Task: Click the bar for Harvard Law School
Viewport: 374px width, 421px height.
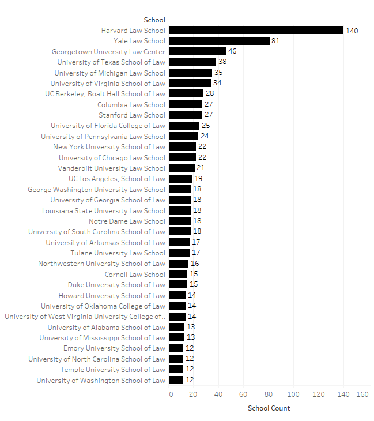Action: tap(256, 30)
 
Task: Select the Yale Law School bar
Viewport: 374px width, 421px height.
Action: tap(220, 41)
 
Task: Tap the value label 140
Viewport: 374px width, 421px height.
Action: tap(352, 31)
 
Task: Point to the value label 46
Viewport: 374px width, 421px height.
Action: tap(232, 51)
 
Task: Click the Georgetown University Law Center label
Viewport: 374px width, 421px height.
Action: tap(108, 51)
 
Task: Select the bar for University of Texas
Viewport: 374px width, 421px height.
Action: tap(192, 62)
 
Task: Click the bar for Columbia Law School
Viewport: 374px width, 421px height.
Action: tap(186, 104)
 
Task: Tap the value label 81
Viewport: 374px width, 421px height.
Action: tap(275, 41)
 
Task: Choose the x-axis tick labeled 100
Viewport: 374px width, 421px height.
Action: tap(293, 394)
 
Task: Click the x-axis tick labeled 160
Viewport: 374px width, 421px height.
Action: tap(362, 394)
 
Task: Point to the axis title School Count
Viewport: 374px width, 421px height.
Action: tap(269, 408)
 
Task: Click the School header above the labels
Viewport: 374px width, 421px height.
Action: tap(154, 20)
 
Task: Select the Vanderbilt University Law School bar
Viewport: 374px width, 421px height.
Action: tap(182, 168)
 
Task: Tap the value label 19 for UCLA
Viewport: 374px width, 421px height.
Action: tap(198, 178)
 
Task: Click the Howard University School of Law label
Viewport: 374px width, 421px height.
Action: tap(112, 295)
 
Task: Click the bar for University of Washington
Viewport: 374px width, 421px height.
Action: tap(176, 380)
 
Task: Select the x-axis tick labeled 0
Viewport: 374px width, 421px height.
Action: tap(171, 394)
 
